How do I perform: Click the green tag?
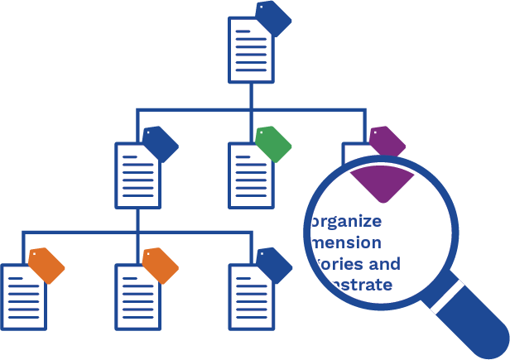pyautogui.click(x=273, y=145)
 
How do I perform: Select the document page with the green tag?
pyautogui.click(x=248, y=175)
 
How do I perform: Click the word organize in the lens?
pyautogui.click(x=345, y=221)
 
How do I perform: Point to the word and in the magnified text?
pyautogui.click(x=383, y=264)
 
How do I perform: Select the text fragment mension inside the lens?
pyautogui.click(x=345, y=242)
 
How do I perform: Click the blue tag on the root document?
pyautogui.click(x=274, y=18)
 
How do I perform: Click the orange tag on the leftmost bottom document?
pyautogui.click(x=47, y=265)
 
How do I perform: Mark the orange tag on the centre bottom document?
pyautogui.click(x=161, y=265)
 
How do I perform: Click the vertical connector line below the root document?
pyautogui.click(x=250, y=95)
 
